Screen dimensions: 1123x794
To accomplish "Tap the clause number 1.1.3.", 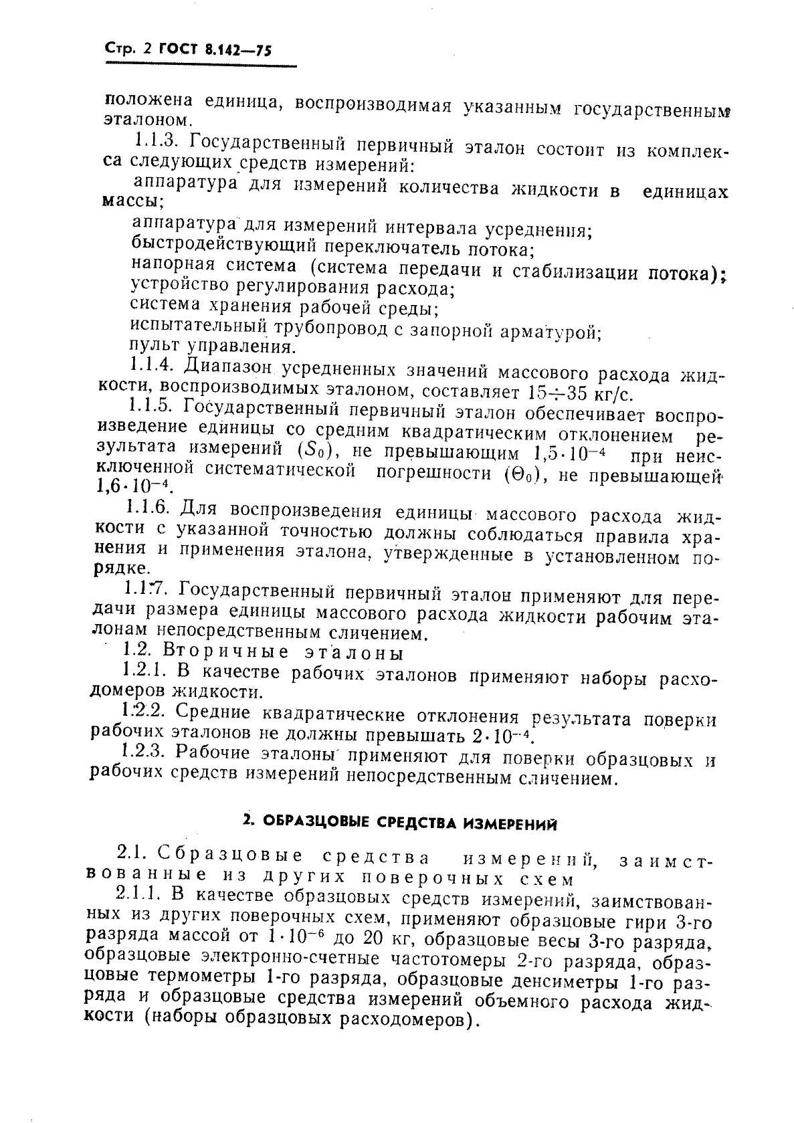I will point(156,142).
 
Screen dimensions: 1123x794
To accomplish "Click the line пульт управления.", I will point(211,347).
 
